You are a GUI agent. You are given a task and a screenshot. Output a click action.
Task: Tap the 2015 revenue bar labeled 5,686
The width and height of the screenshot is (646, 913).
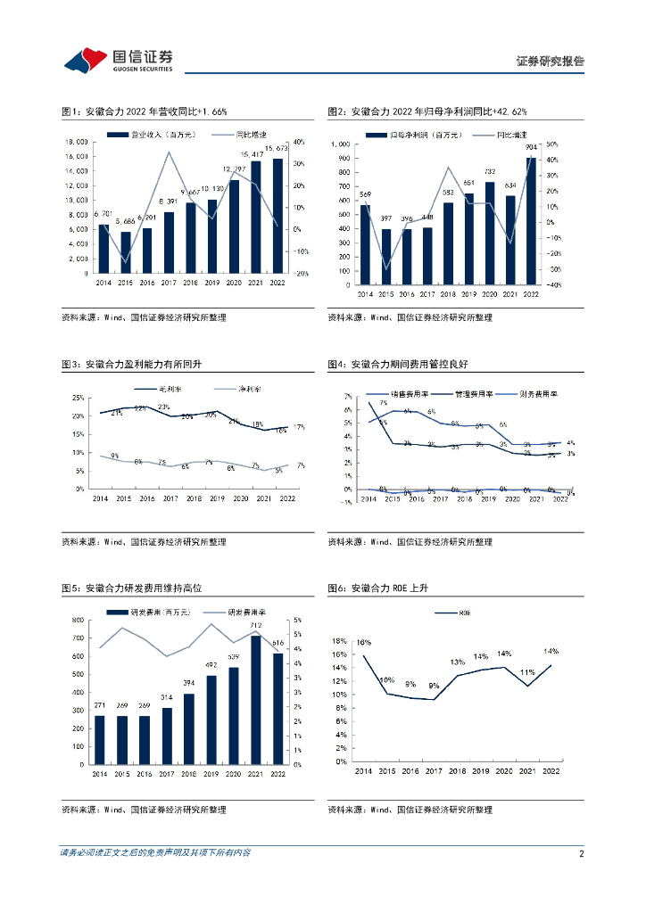tap(125, 253)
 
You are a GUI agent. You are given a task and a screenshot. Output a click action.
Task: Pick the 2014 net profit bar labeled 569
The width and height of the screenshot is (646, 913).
tap(365, 245)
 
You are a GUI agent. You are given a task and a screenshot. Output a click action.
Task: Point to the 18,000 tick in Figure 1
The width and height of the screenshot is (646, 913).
tap(75, 142)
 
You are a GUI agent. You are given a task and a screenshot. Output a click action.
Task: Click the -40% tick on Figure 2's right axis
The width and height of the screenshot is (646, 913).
tap(552, 285)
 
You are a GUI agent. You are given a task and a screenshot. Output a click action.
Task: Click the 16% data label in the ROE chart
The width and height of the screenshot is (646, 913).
tap(363, 643)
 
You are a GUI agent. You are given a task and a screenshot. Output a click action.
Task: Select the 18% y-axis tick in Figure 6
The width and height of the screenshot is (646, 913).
tap(339, 641)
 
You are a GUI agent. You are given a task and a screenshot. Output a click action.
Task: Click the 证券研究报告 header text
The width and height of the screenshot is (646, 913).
tap(551, 62)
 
